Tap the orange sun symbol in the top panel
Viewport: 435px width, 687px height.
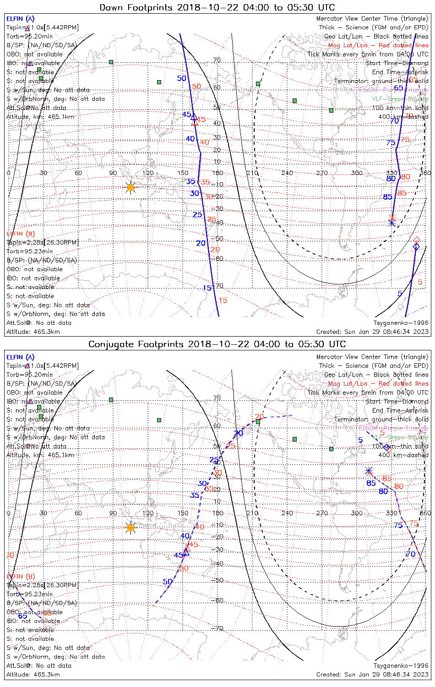(x=130, y=187)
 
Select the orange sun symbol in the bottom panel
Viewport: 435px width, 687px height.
(x=130, y=528)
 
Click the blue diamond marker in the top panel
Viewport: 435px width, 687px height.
(x=416, y=247)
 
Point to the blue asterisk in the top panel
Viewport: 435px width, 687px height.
(x=392, y=223)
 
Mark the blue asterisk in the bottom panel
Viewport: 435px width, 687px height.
(x=369, y=470)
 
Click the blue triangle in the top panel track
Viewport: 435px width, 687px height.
(x=194, y=117)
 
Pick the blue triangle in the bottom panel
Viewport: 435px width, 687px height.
(x=186, y=553)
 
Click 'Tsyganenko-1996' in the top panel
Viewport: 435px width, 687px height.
(x=401, y=323)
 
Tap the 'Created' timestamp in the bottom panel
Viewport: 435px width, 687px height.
(x=372, y=675)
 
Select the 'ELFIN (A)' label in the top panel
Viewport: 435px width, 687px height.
(x=20, y=19)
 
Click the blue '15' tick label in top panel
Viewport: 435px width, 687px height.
(x=207, y=288)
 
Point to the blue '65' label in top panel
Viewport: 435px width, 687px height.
(x=398, y=88)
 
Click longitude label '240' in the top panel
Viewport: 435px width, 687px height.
(x=287, y=173)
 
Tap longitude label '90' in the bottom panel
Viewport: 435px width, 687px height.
(x=113, y=513)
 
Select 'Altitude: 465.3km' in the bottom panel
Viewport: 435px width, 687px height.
(x=33, y=675)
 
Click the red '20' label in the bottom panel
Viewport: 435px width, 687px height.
(x=259, y=417)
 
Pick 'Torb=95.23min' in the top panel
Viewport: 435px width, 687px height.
(x=29, y=251)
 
